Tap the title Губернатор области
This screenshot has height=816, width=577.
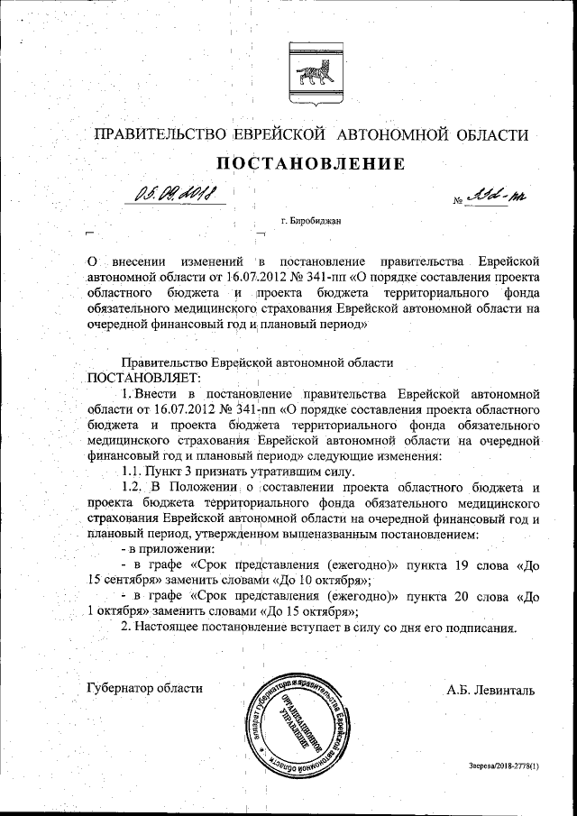tap(144, 688)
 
